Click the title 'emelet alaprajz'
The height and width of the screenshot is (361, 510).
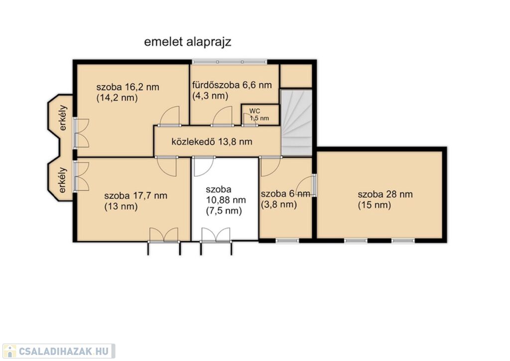188,42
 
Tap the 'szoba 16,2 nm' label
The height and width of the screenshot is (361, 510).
128,87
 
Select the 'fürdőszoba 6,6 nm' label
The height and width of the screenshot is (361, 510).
232,85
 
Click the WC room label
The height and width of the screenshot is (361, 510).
255,111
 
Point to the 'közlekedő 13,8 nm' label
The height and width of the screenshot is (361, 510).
212,142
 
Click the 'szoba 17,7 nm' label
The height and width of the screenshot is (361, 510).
135,196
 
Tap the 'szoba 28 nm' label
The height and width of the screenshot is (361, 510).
385,195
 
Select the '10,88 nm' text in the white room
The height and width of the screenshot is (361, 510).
226,200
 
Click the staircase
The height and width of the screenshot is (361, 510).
296,122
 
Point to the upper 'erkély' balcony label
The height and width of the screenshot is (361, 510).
63,118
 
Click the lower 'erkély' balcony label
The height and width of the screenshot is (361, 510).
63,180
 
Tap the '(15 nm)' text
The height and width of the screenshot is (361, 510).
375,205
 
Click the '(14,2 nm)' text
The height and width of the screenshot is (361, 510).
117,98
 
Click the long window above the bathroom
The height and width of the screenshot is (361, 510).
229,62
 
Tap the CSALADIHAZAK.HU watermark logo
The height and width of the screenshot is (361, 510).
59,351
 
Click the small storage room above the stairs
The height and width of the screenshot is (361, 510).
296,76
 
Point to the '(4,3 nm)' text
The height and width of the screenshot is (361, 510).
210,96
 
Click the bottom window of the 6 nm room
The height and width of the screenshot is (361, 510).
287,241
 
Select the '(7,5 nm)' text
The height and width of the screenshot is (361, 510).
224,211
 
